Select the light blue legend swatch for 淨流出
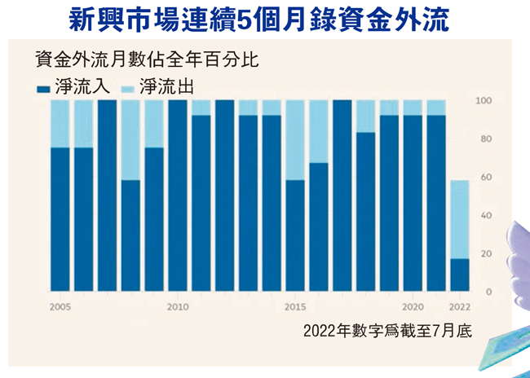(127, 86)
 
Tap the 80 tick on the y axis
(486, 139)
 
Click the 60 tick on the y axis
(486, 178)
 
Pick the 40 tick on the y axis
(486, 216)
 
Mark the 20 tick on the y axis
(486, 254)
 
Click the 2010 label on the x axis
(178, 307)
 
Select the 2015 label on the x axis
(295, 307)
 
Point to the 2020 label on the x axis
(413, 307)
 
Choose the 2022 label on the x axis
(460, 307)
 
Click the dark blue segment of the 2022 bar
(460, 275)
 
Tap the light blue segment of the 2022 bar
(460, 219)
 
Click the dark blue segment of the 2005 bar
(60, 220)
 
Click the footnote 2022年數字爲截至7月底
(387, 332)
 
